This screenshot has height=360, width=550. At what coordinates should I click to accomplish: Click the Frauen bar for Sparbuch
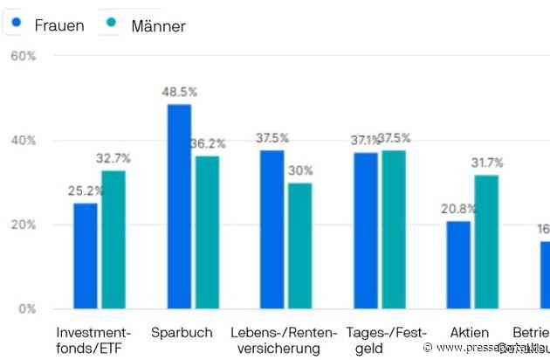click(179, 206)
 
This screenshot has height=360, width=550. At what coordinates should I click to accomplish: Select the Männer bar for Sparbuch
click(207, 232)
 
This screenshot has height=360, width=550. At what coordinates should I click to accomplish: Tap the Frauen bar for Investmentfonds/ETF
click(86, 255)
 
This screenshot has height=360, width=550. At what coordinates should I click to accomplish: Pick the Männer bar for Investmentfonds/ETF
click(113, 239)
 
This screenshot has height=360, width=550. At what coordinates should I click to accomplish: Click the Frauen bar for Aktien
click(458, 265)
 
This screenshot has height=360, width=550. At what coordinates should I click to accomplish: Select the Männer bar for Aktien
click(486, 241)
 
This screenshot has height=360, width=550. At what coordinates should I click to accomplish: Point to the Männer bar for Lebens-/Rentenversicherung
click(299, 246)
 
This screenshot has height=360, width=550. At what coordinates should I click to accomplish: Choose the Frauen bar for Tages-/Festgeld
click(366, 231)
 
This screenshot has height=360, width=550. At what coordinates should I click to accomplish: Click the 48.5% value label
click(179, 92)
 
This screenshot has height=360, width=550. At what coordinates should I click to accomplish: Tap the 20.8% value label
click(457, 209)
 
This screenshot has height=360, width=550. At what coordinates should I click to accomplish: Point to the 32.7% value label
click(114, 158)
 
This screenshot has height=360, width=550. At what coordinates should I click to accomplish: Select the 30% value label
click(301, 170)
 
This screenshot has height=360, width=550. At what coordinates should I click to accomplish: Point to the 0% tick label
click(26, 308)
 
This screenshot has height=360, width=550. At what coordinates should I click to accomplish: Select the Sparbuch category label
click(180, 333)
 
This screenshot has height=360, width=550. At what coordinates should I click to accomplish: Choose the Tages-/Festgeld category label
click(386, 341)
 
